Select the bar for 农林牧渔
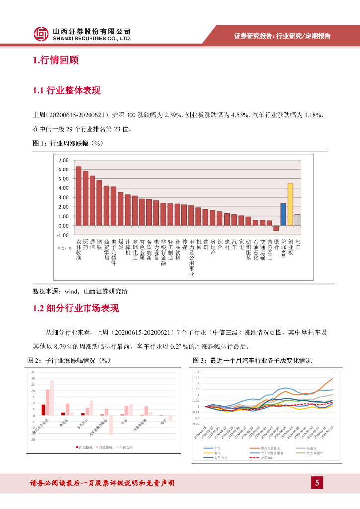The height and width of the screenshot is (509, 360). pos(78,196)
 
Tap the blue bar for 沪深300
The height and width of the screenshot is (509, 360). pos(283,214)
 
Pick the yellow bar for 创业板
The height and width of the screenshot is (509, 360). pos(290,204)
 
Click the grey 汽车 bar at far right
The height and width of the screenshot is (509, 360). pos(297,220)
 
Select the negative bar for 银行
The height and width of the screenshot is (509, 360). pos(276,228)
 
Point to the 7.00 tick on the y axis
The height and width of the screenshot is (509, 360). pos(63,160)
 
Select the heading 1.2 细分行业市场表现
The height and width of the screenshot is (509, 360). pos(76,309)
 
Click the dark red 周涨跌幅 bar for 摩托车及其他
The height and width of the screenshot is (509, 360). pos(43,410)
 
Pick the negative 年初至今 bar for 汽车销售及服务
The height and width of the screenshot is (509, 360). pos(111,425)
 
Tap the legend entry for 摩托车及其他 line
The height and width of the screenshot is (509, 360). pos(271,448)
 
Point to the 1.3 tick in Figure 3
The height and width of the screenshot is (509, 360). pos(197,372)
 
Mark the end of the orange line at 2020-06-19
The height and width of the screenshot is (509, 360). pos(332,379)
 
